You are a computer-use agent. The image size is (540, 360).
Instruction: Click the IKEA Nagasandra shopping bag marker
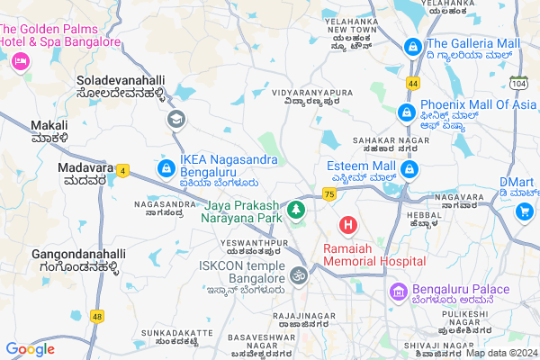[x=166, y=168]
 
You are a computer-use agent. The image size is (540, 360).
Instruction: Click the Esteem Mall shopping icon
[x=409, y=168]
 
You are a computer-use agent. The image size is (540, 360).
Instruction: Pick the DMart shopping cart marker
[x=524, y=211]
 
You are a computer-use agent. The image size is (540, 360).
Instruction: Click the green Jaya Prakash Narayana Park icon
[x=294, y=211]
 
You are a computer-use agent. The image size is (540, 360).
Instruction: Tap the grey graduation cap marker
[x=175, y=118]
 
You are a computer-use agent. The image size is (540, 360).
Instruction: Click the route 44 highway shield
[x=412, y=82]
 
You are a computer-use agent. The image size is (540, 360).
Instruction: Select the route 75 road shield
[x=329, y=193]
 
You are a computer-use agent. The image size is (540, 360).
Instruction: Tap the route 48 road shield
[x=97, y=316]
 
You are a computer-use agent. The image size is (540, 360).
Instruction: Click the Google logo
[x=31, y=349]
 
